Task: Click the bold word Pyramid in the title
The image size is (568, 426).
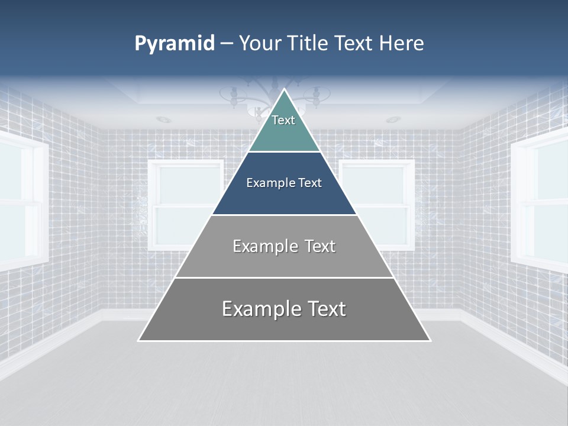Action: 175,44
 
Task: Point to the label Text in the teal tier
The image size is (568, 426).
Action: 283,120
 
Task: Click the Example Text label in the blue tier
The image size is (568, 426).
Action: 284,183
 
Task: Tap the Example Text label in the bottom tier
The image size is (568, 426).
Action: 284,309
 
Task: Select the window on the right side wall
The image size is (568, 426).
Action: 541,201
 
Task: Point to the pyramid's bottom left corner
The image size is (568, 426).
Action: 140,340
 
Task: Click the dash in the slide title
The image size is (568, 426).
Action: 226,44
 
